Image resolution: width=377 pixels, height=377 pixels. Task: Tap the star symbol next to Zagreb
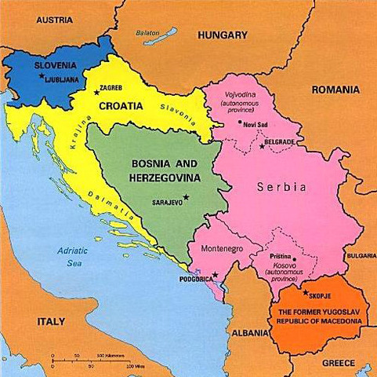point(96,92)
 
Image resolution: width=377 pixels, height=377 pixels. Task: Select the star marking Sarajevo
point(186,196)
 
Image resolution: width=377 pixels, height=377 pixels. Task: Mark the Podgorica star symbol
point(215,275)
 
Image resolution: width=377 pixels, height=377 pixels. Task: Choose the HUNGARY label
point(223,35)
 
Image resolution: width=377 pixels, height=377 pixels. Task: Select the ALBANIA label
point(252,332)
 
